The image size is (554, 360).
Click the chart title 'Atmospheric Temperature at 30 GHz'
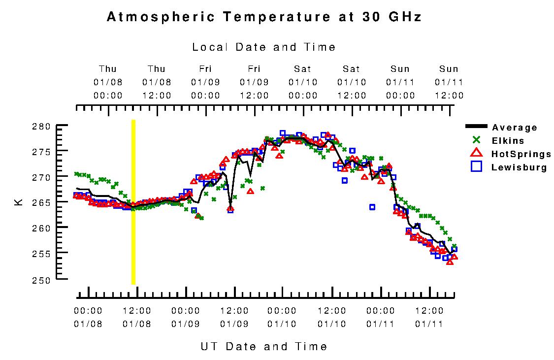point(264,17)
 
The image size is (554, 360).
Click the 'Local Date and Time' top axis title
point(264,47)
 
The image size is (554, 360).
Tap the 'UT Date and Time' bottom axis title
point(264,346)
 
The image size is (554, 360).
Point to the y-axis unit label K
point(19,202)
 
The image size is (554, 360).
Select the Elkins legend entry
point(508,141)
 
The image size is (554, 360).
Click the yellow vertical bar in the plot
point(133,202)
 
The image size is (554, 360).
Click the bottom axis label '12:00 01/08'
point(137,317)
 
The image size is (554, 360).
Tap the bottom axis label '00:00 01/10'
point(283,317)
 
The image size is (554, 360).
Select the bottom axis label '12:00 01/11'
point(430,317)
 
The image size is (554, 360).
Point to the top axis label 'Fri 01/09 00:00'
point(205,82)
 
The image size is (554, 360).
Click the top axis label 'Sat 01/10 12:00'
point(352,82)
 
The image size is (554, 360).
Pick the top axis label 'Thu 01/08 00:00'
point(108,82)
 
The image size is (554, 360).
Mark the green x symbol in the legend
point(476,140)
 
